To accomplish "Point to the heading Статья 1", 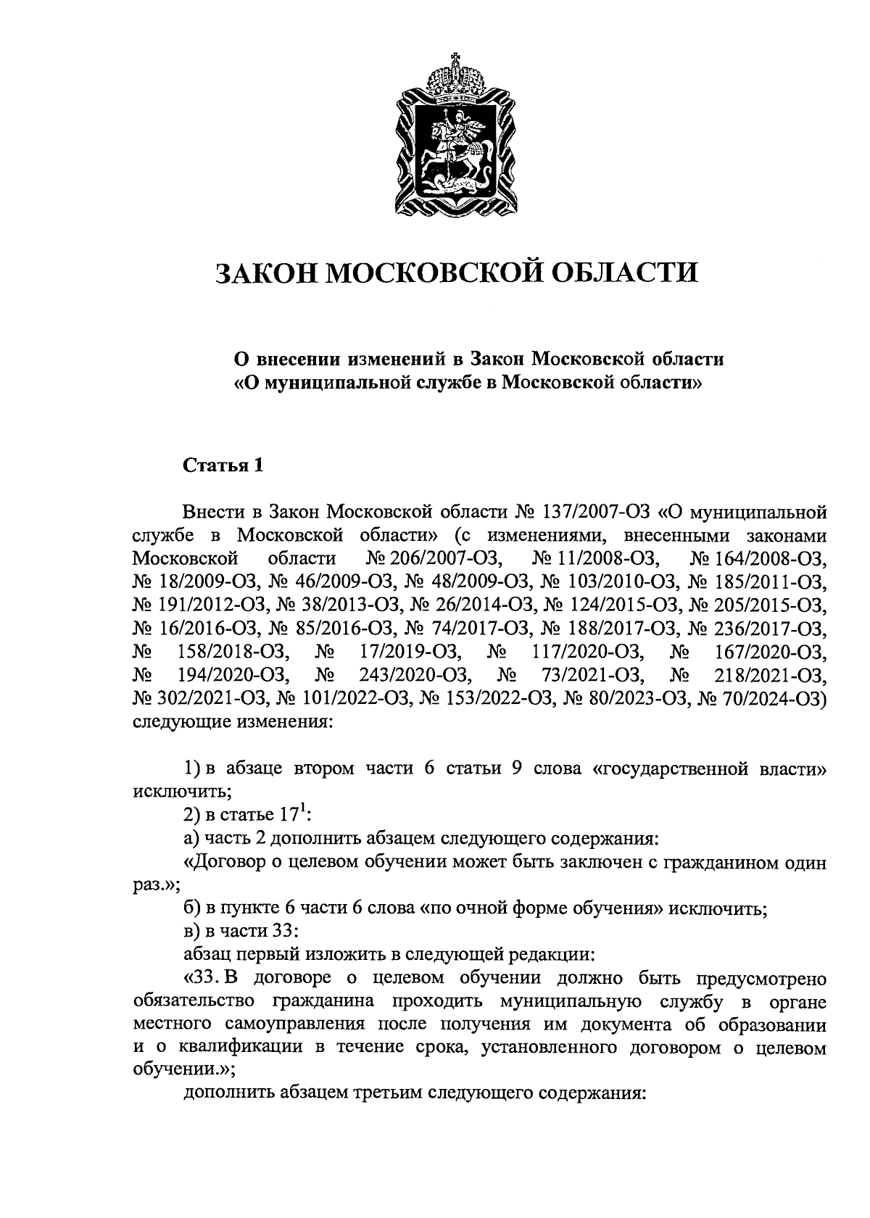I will tap(222, 465).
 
